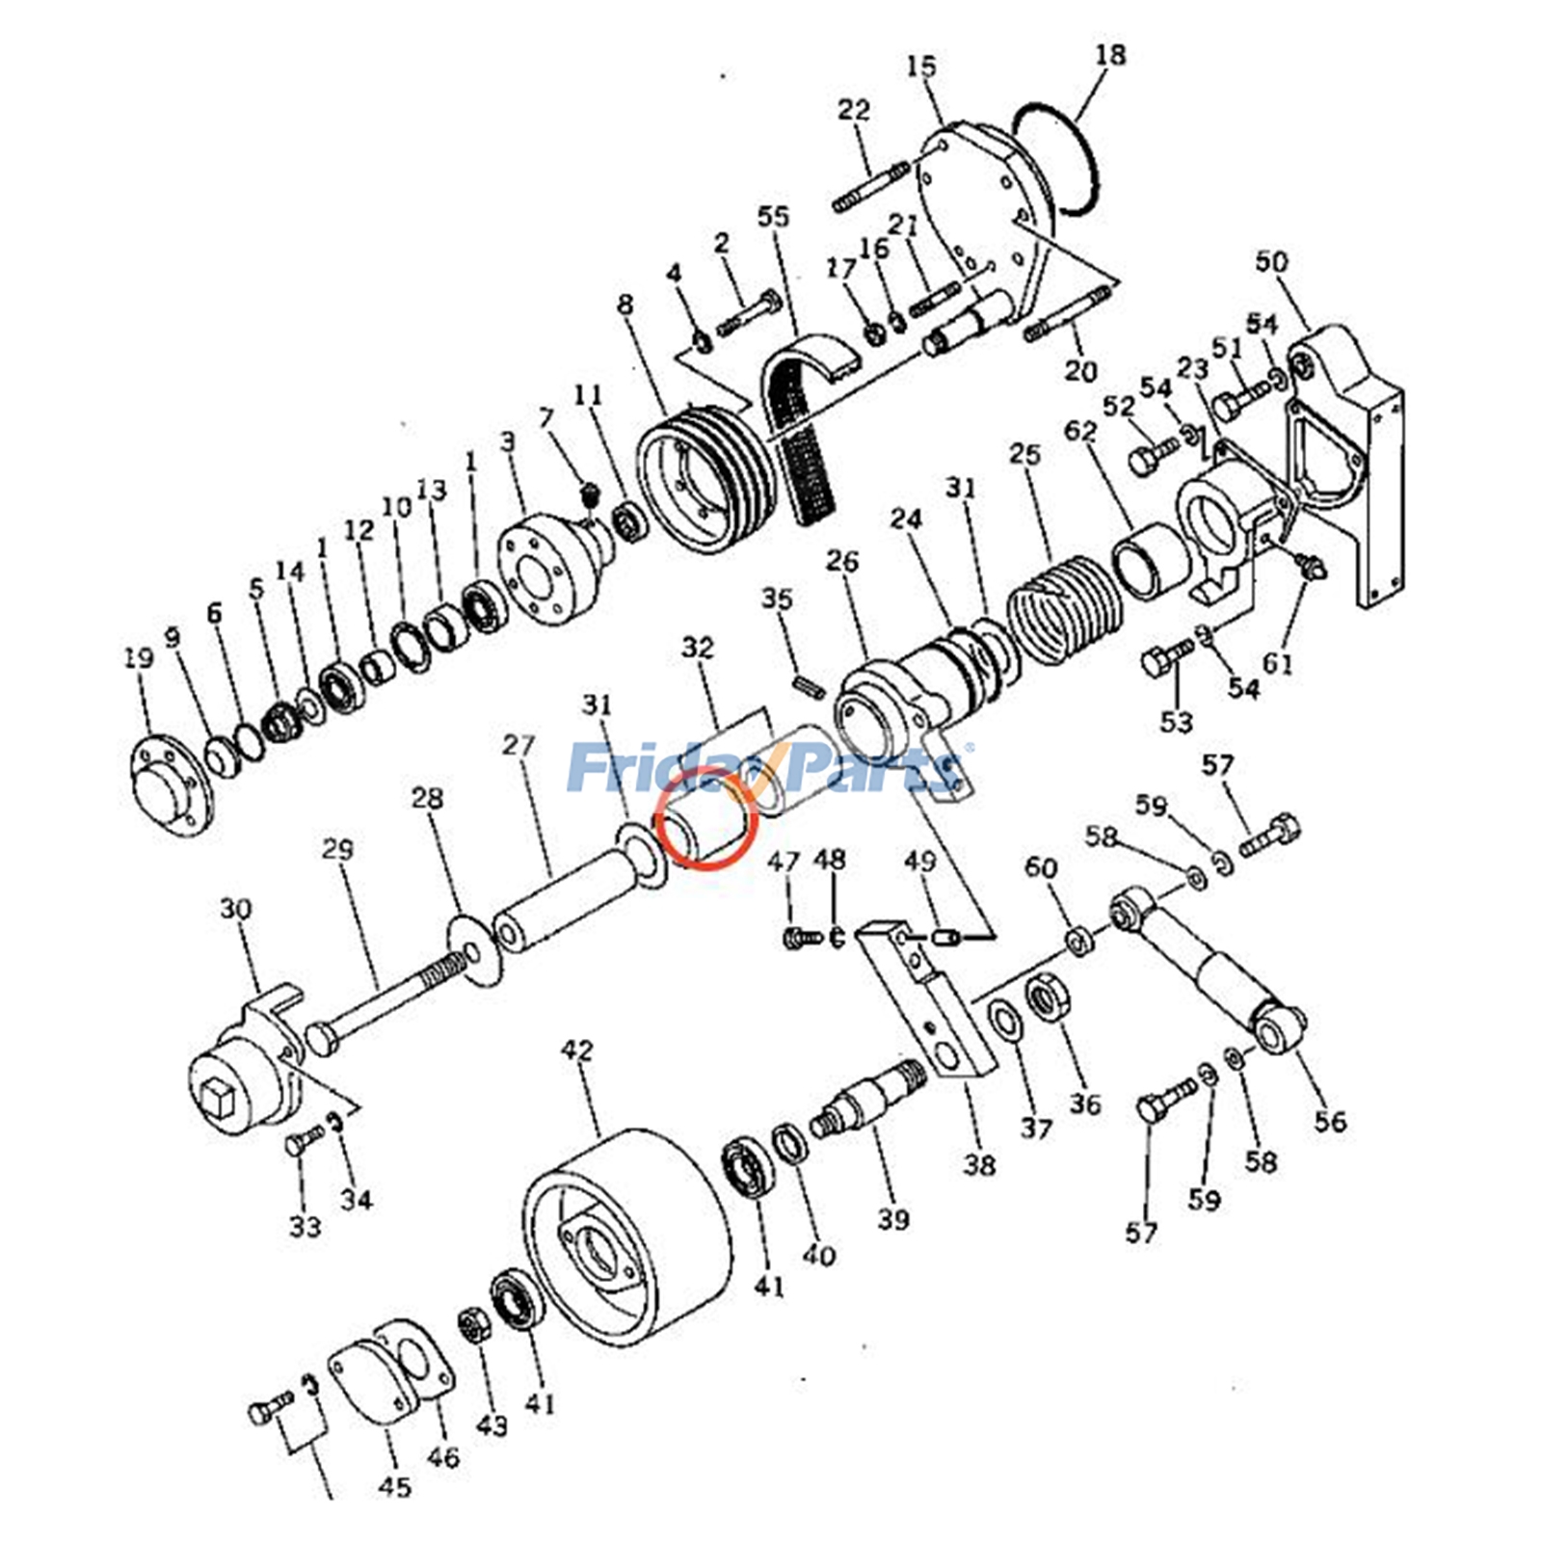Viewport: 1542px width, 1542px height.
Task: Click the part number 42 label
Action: click(x=577, y=1050)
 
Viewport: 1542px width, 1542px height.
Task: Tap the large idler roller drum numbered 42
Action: click(x=626, y=1238)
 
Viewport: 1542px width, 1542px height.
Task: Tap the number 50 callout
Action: click(x=1271, y=262)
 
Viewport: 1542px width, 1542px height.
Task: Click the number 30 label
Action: click(x=236, y=909)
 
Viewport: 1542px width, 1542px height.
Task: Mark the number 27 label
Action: click(x=518, y=745)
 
